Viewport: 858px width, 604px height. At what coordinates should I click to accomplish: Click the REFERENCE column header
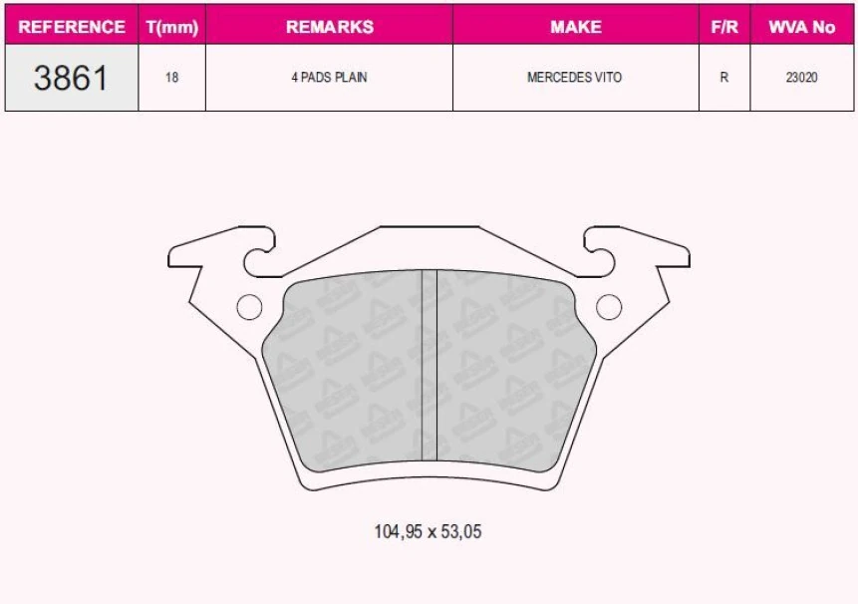point(72,27)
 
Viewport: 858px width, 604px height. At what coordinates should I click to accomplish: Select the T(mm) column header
point(172,27)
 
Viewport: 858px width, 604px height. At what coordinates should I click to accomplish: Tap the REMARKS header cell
point(329,27)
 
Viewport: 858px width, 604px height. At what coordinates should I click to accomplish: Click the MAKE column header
point(575,27)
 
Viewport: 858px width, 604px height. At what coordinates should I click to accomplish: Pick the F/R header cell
point(723,27)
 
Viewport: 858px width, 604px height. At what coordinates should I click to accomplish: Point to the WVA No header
point(801,27)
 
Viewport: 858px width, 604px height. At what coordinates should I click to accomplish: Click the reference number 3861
point(71,78)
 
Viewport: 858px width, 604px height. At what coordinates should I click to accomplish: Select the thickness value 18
point(172,78)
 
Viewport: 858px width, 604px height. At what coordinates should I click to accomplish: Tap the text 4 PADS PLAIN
point(329,78)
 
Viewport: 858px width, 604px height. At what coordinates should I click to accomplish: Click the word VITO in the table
point(608,78)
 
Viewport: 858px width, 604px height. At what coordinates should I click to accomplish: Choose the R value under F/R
point(723,78)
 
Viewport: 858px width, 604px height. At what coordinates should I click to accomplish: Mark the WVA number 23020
point(801,78)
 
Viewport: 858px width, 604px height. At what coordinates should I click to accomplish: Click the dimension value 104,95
point(397,532)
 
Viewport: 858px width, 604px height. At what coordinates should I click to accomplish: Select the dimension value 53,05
point(461,532)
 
